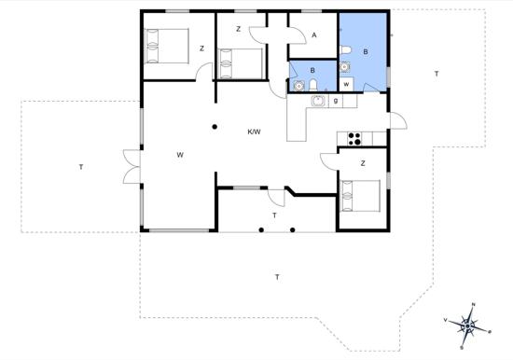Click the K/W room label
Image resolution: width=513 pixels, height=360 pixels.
[x=254, y=132]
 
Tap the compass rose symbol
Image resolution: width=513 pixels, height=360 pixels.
[x=468, y=325]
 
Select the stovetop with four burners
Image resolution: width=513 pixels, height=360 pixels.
[x=354, y=138]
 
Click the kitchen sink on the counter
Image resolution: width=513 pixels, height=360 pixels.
[x=318, y=101]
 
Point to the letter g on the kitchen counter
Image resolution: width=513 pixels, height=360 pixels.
[x=336, y=101]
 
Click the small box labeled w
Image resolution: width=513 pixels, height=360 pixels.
[x=346, y=84]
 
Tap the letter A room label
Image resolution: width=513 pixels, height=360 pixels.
[x=314, y=35]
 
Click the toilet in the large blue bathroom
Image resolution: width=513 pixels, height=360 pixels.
[x=345, y=50]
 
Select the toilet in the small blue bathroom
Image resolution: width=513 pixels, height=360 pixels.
[x=313, y=85]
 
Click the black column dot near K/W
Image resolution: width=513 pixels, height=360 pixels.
[x=215, y=127]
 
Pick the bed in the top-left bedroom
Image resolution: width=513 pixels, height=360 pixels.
[x=167, y=46]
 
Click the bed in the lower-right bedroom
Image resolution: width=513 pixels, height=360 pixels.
[x=361, y=195]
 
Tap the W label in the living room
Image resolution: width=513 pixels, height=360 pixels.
[x=180, y=155]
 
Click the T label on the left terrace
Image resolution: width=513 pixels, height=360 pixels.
[x=81, y=167]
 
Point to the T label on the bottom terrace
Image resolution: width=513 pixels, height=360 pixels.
[x=277, y=278]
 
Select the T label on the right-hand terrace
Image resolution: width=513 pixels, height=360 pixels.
[x=437, y=74]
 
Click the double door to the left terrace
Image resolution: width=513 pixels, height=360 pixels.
[x=132, y=167]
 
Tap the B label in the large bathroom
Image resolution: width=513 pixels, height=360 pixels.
[x=366, y=51]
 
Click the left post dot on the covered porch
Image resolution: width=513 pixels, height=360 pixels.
[x=261, y=229]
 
